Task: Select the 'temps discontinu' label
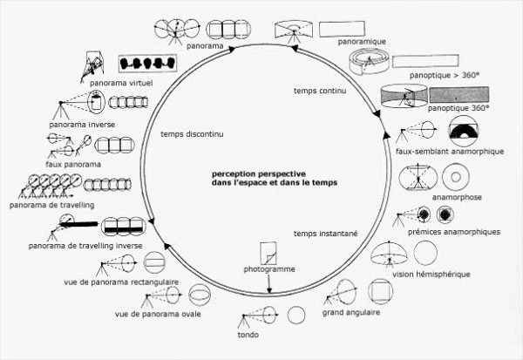tap(194, 134)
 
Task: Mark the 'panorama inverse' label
tap(73, 125)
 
